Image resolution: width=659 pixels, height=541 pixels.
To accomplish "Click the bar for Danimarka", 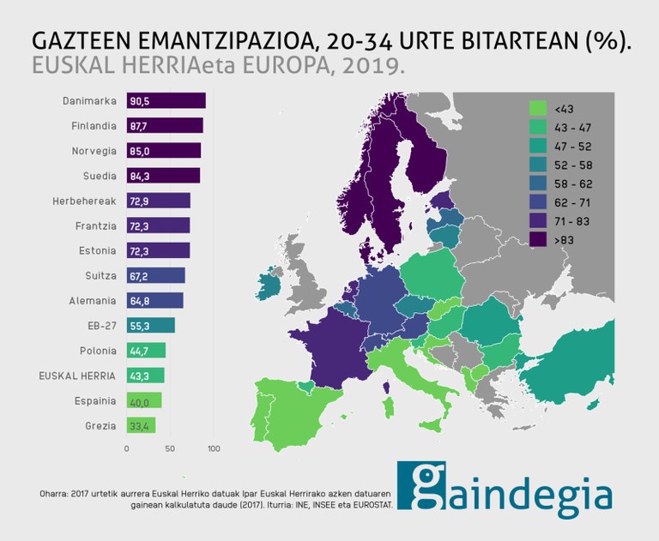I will pos(166,101).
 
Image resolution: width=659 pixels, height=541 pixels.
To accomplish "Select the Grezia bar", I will pos(141,425).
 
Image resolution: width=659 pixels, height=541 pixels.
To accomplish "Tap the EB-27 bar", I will pos(151,326).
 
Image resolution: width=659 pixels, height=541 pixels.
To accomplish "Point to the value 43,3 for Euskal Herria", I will pos(138,376).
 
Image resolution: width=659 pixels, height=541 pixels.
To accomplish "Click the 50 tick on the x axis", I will pos(170,448).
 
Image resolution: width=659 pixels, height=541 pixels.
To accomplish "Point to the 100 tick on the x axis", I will pos(214,448).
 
